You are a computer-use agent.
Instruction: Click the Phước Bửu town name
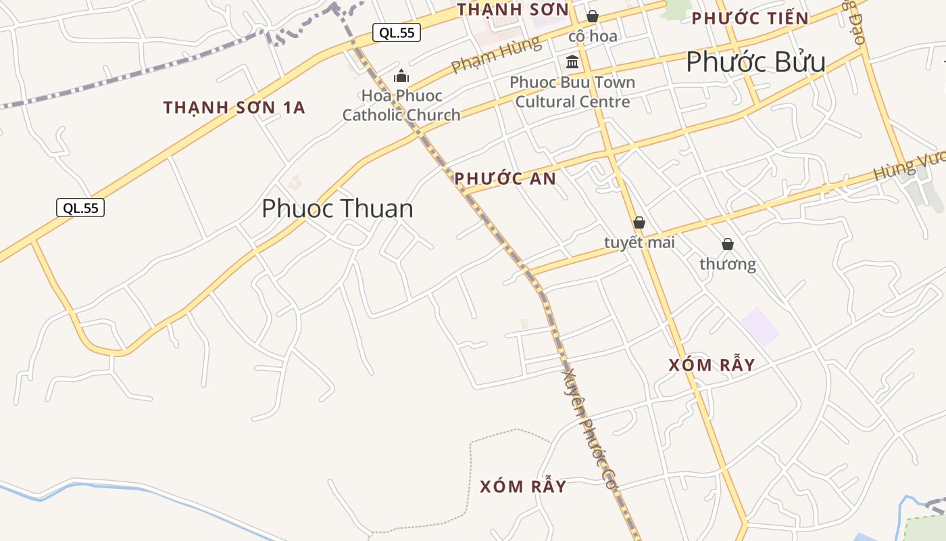click(x=755, y=62)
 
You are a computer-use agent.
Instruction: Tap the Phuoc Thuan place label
click(x=337, y=208)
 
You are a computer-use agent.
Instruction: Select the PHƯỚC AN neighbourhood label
click(x=505, y=179)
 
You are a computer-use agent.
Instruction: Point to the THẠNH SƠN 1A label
click(x=234, y=108)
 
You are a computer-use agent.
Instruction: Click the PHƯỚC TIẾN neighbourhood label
click(x=750, y=18)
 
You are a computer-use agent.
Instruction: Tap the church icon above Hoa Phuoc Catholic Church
click(x=401, y=76)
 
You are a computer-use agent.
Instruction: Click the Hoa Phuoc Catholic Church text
click(x=401, y=105)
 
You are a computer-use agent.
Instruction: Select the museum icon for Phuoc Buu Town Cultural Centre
click(x=572, y=62)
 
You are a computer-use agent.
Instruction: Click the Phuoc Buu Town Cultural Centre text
click(x=572, y=92)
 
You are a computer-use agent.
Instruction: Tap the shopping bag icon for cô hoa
click(x=593, y=16)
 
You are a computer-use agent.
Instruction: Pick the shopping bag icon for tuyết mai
click(x=639, y=222)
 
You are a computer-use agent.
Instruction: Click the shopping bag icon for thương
click(x=728, y=244)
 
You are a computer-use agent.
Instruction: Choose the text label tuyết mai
click(x=639, y=242)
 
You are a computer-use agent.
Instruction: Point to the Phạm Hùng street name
click(x=496, y=55)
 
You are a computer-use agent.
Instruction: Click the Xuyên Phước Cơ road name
click(x=590, y=429)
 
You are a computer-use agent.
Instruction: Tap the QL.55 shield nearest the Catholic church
click(x=397, y=32)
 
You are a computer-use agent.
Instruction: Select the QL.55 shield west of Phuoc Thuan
click(x=80, y=208)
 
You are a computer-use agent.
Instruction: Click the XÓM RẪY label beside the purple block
click(x=712, y=365)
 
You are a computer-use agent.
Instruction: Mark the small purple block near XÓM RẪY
click(x=760, y=326)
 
